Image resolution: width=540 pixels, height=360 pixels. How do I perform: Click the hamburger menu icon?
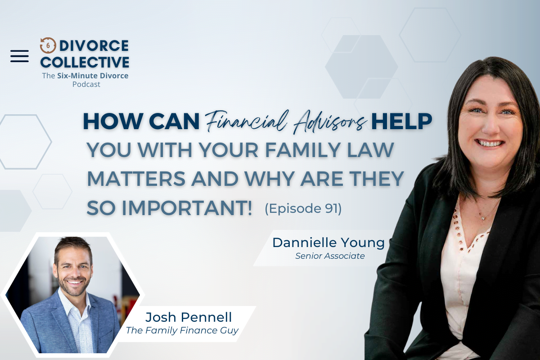(x=19, y=56)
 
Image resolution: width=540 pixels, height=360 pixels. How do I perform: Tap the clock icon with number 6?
(x=48, y=45)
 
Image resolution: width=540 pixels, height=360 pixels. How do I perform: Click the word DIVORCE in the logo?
(x=94, y=46)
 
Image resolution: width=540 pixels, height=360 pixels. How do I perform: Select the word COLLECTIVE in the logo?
(x=85, y=62)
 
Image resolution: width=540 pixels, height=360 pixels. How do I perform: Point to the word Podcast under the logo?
(x=86, y=85)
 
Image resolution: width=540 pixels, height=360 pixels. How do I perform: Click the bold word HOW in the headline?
(x=113, y=121)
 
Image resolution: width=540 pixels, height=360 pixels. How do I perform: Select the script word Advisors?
(x=329, y=122)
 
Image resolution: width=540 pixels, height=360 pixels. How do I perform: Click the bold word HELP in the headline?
(x=401, y=121)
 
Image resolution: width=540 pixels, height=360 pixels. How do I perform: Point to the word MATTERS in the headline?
(x=136, y=179)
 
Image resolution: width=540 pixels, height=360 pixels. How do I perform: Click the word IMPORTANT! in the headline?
(x=187, y=208)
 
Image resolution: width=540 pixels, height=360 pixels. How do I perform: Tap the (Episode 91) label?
(x=303, y=208)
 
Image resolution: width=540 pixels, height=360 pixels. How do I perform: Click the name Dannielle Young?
(x=328, y=243)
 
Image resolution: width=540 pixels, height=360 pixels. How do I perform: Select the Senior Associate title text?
(x=330, y=256)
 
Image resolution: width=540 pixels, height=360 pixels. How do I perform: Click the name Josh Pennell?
(x=189, y=317)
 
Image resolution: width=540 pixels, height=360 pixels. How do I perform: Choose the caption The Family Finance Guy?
(x=182, y=330)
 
